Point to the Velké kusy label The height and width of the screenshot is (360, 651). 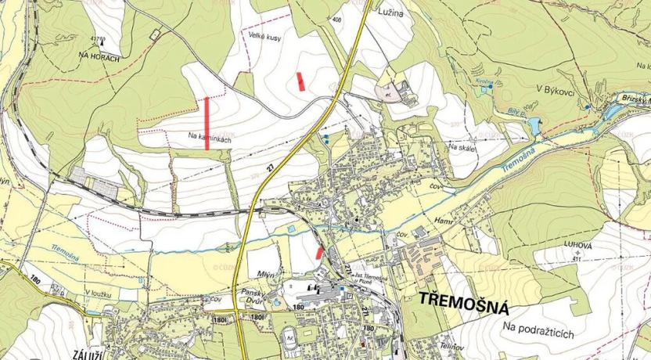(264, 37)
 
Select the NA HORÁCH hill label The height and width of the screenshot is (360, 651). (99, 57)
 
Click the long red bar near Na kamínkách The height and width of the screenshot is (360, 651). (207, 124)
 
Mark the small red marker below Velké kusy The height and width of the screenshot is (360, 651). (301, 81)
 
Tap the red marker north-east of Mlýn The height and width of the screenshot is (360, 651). (318, 252)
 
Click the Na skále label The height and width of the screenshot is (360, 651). (462, 146)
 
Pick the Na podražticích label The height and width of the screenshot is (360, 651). (539, 333)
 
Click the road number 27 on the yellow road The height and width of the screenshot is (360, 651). (271, 167)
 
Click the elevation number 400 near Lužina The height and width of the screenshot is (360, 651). (336, 19)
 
